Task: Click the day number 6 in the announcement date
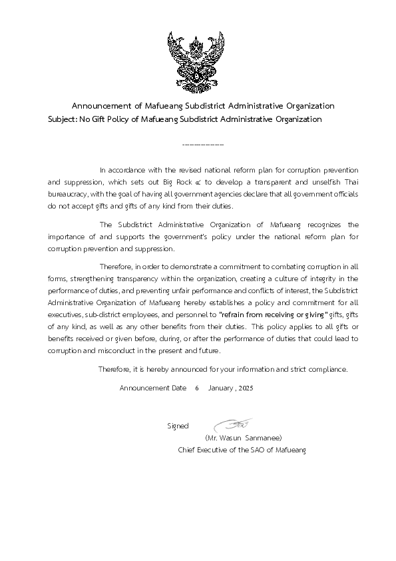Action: click(x=197, y=388)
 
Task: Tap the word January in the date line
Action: click(x=219, y=388)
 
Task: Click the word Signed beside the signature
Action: click(x=178, y=425)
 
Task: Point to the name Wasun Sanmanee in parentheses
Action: click(x=244, y=438)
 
